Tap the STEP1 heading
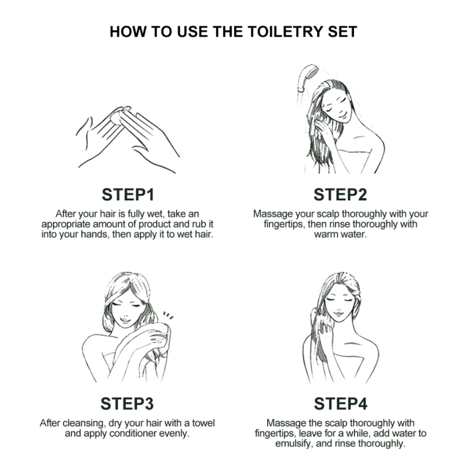(x=128, y=194)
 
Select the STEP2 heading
(x=340, y=194)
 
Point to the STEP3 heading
(x=127, y=404)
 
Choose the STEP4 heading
(x=340, y=404)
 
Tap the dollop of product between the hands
(x=118, y=115)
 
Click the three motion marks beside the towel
(x=168, y=316)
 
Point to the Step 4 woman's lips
(x=338, y=314)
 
